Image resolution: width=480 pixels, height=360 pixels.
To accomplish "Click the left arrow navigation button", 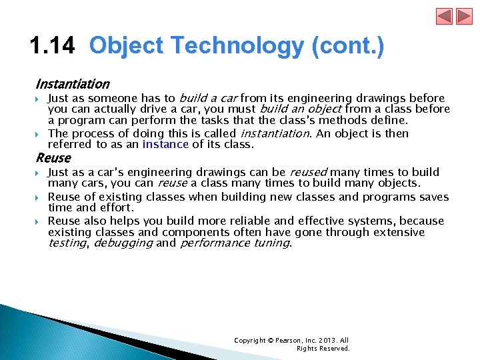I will click(444, 16).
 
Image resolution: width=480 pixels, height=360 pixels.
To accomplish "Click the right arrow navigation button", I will click(463, 16).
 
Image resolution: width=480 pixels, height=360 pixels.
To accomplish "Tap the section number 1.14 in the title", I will click(53, 46).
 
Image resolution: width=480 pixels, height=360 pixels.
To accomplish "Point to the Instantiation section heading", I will click(72, 84).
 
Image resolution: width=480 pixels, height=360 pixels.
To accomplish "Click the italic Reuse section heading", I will click(53, 158).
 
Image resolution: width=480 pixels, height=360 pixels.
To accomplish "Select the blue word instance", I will click(165, 144).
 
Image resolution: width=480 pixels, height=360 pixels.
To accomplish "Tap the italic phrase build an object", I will click(300, 109).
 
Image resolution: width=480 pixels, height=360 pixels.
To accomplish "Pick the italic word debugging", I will click(123, 243).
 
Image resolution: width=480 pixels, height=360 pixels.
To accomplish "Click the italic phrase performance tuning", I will click(235, 243).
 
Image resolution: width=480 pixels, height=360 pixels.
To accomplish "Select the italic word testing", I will click(67, 243).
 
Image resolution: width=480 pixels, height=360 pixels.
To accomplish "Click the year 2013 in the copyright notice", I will click(327, 341).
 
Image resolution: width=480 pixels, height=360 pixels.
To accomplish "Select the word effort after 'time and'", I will click(116, 207).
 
